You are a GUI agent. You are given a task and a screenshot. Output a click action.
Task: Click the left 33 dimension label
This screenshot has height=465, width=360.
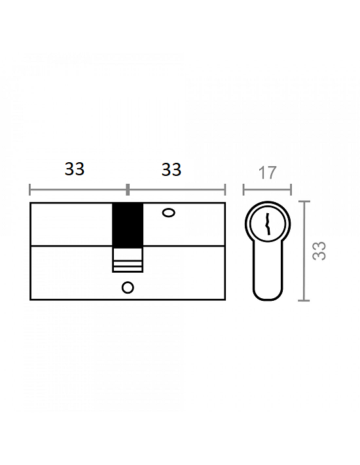(x=75, y=169)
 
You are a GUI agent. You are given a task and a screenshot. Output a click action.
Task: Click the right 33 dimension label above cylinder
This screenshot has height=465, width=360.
(x=171, y=169)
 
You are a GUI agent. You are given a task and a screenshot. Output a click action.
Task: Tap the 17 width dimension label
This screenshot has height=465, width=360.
(x=268, y=173)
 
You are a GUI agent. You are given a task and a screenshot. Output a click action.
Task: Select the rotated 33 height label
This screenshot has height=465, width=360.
(x=319, y=251)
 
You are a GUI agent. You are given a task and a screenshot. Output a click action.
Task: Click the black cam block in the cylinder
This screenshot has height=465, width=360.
(x=128, y=226)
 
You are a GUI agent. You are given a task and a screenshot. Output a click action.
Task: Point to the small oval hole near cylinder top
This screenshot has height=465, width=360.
(x=169, y=213)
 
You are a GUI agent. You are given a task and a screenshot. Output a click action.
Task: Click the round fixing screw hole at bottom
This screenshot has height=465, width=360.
(x=128, y=288)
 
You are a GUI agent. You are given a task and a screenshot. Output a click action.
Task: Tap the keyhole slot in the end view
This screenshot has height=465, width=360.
(x=268, y=224)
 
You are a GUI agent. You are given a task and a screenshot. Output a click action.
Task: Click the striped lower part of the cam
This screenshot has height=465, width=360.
(x=128, y=260)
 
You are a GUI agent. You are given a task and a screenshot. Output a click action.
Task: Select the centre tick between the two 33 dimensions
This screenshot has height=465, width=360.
(x=128, y=190)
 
